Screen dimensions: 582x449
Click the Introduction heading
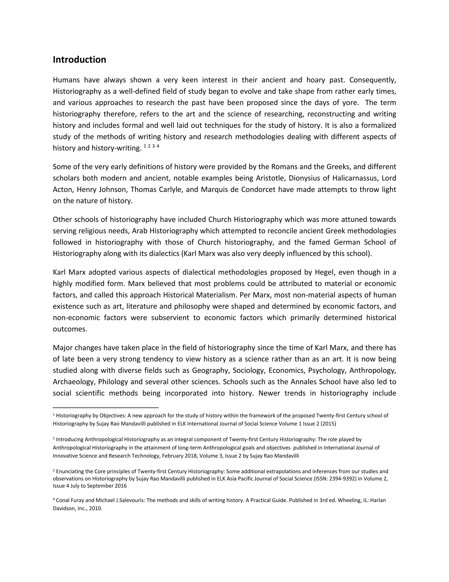pos(79,60)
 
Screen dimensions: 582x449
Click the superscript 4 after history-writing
pos(158,146)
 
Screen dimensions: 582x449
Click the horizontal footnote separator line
pos(106,408)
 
